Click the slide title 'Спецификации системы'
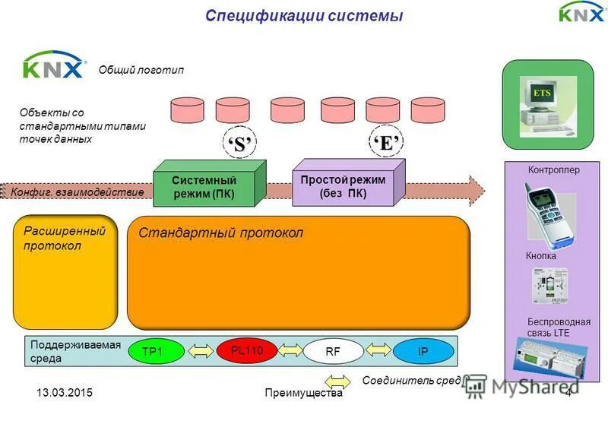[x=304, y=16]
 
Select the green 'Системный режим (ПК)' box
[x=204, y=187]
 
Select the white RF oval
[x=333, y=351]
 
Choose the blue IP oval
[x=423, y=350]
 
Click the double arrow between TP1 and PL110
[x=201, y=351]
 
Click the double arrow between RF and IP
[x=378, y=350]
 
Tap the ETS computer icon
[x=544, y=106]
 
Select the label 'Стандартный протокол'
[x=220, y=233]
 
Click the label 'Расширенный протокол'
[x=53, y=238]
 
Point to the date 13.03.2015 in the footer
[x=65, y=393]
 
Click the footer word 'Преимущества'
[x=304, y=393]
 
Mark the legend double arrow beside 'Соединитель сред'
[x=337, y=380]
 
